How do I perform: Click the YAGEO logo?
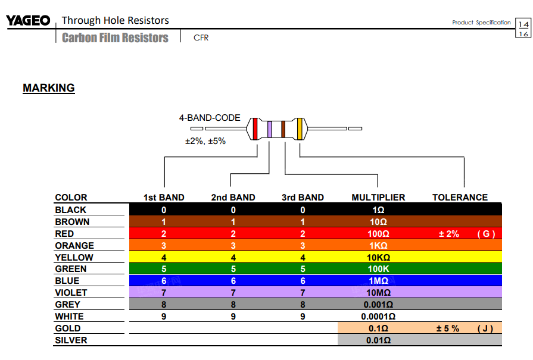pyautogui.click(x=28, y=21)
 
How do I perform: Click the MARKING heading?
pyautogui.click(x=49, y=88)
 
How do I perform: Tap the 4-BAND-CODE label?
pyautogui.click(x=210, y=118)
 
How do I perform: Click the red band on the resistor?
pyautogui.click(x=255, y=129)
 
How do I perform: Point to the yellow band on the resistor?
pyautogui.click(x=300, y=129)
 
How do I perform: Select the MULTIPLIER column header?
pyautogui.click(x=378, y=198)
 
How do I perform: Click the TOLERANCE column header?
pyautogui.click(x=460, y=198)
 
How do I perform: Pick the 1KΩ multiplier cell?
pyautogui.click(x=378, y=245)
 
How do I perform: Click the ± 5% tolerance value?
pyautogui.click(x=448, y=328)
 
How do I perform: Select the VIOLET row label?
pyautogui.click(x=71, y=293)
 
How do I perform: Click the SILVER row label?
pyautogui.click(x=71, y=340)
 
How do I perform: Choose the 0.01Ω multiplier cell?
pyautogui.click(x=378, y=340)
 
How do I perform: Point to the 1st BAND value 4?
pyautogui.click(x=164, y=258)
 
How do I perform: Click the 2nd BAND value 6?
pyautogui.click(x=233, y=281)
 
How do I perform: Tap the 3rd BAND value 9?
pyautogui.click(x=303, y=317)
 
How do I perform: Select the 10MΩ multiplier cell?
pyautogui.click(x=378, y=293)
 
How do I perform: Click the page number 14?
pyautogui.click(x=523, y=24)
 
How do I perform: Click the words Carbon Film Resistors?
pyautogui.click(x=115, y=38)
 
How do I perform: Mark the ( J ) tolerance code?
pyautogui.click(x=485, y=328)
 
